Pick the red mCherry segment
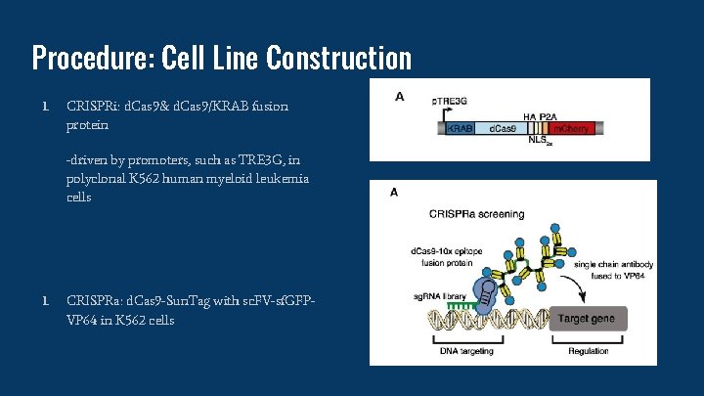(572, 129)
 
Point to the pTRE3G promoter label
(451, 101)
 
